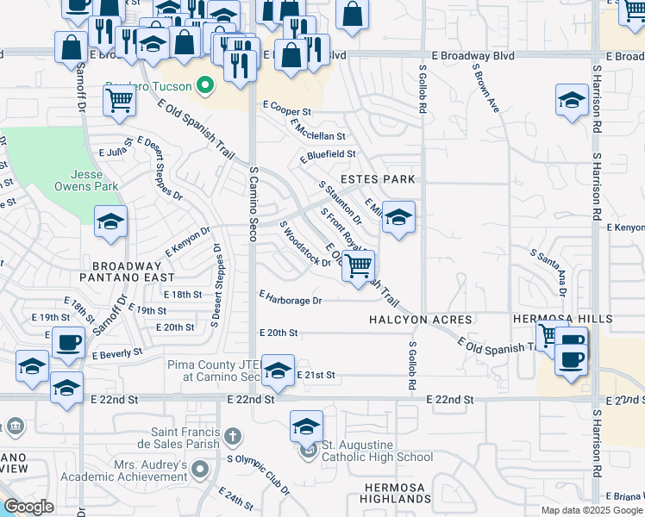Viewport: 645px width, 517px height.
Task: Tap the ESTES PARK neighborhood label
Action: [378, 179]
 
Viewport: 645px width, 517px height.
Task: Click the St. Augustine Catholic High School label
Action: [377, 458]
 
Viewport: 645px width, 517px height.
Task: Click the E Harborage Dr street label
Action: [291, 301]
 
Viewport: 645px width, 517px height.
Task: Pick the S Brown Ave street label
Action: [485, 89]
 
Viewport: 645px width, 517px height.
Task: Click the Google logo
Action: [28, 507]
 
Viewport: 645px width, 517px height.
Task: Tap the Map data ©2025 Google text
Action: [591, 510]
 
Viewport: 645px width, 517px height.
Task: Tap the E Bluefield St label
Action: [328, 155]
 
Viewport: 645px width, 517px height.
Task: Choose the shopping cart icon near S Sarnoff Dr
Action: [119, 100]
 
